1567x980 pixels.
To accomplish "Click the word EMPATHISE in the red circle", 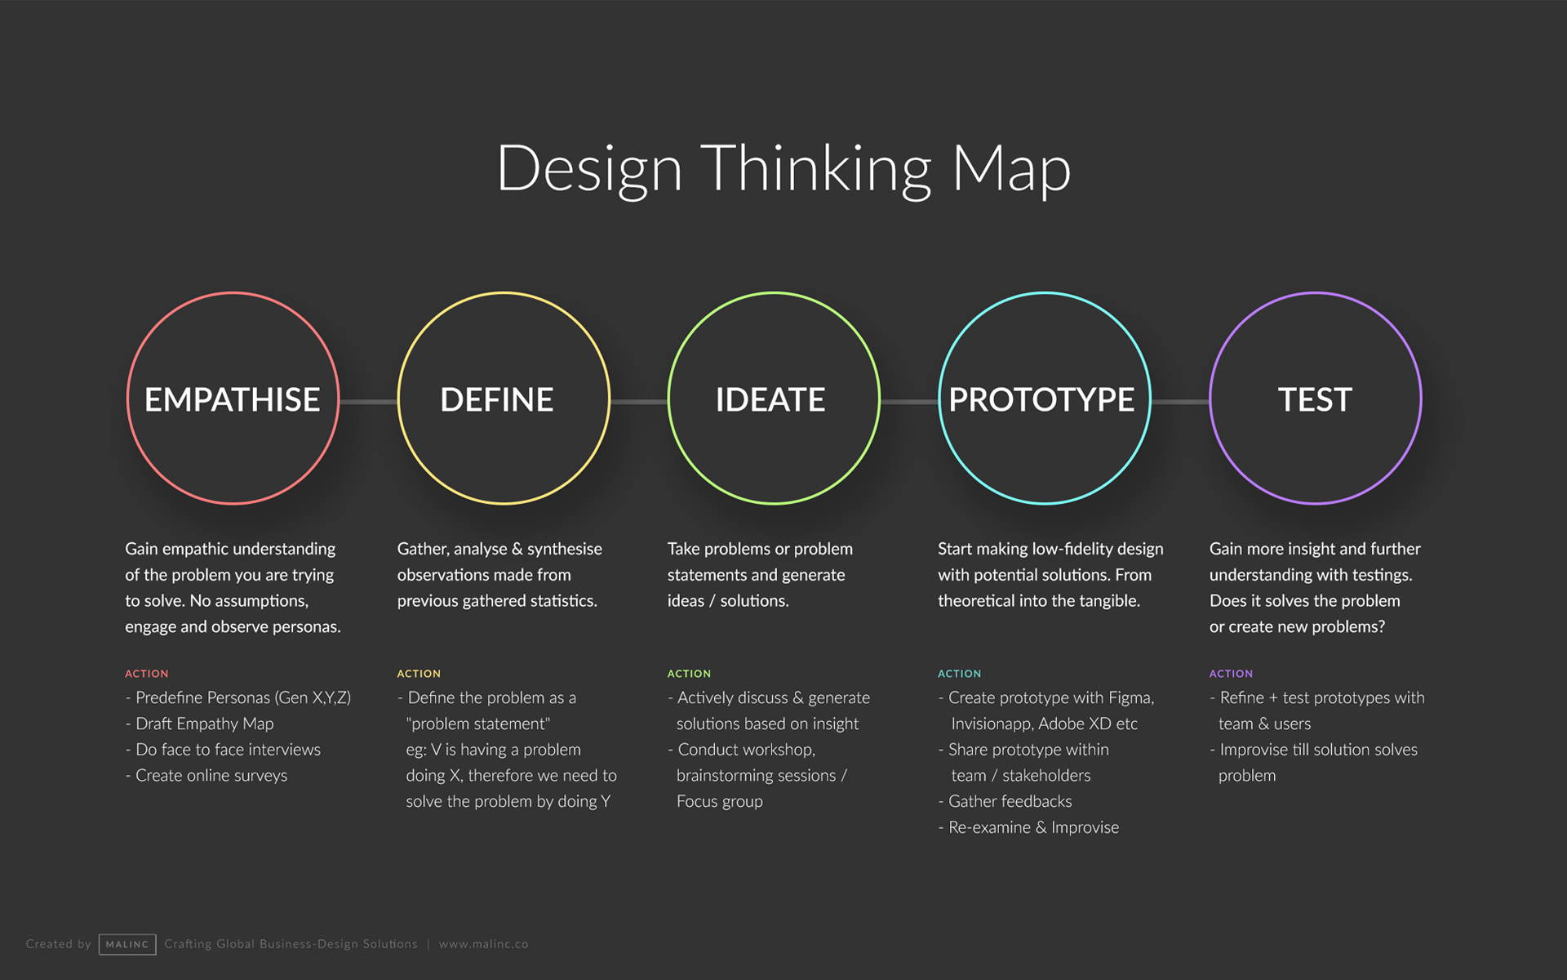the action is (232, 399).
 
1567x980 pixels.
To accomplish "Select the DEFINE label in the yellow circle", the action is (496, 399).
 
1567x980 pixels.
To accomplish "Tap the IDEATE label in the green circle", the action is (770, 399).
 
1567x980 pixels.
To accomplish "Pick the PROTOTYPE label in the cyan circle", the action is (1041, 399).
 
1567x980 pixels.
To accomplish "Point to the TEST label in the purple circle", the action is (1315, 399).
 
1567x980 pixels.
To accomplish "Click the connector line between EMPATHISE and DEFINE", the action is (368, 402).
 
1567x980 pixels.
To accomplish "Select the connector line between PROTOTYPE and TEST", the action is (1180, 402).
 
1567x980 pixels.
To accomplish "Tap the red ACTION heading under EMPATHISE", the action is (147, 674).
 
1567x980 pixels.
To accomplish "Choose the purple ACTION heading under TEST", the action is (1231, 674).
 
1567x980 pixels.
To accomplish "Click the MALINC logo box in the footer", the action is (127, 944).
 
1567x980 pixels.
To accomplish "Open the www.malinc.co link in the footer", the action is (484, 944).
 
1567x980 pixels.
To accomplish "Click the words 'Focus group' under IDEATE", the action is (720, 801).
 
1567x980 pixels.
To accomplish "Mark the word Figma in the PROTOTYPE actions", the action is (1131, 698).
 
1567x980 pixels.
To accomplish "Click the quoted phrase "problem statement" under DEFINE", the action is (478, 724).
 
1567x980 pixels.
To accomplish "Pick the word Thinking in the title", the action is (816, 170).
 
